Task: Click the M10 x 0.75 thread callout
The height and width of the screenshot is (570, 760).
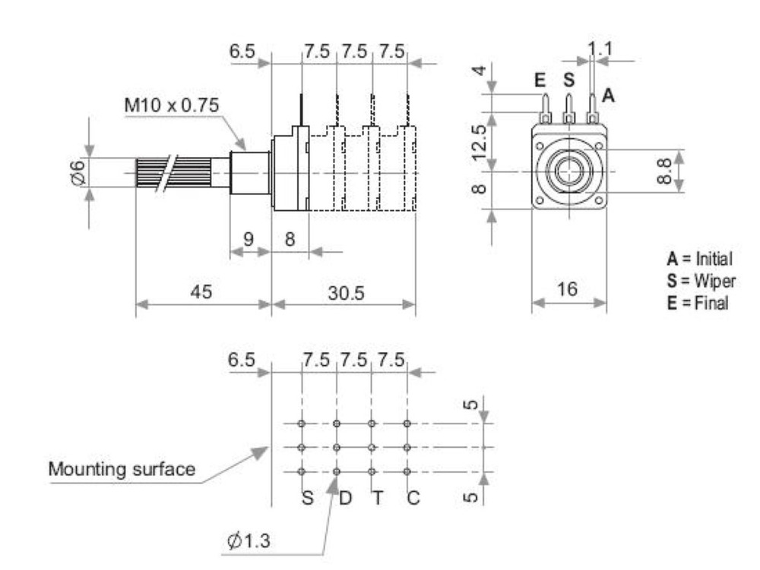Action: [x=172, y=105]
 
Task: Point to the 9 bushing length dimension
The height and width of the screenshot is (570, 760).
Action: [x=249, y=238]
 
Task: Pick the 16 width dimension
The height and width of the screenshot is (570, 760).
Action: [x=568, y=289]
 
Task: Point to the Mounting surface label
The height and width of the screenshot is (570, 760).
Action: [x=122, y=469]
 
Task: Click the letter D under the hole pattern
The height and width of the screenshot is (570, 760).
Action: [x=344, y=498]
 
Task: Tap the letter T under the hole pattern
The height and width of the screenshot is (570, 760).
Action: [x=378, y=498]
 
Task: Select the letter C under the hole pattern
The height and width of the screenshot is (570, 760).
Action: [x=413, y=498]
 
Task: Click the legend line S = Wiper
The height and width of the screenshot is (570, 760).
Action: [x=697, y=282]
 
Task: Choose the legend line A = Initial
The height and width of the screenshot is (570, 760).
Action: [x=698, y=260]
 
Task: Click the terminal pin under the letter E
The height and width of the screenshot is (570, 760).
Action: [x=544, y=108]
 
